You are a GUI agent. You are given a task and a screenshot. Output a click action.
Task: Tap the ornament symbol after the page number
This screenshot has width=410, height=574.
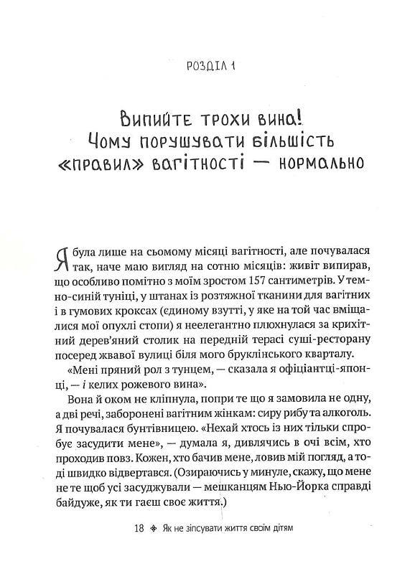(x=150, y=530)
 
